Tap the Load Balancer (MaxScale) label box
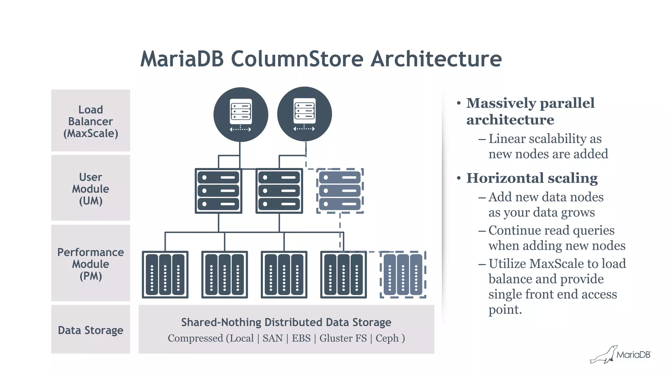pyautogui.click(x=91, y=121)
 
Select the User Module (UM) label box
pyautogui.click(x=91, y=188)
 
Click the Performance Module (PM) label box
pyautogui.click(x=91, y=263)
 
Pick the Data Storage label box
pyautogui.click(x=91, y=330)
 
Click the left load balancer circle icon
pyautogui.click(x=241, y=114)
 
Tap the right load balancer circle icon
pyautogui.click(x=305, y=114)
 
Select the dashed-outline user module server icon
pyautogui.click(x=340, y=191)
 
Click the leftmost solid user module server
pyautogui.click(x=218, y=191)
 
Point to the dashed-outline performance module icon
pyautogui.click(x=403, y=274)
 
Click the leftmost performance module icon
pyautogui.click(x=165, y=274)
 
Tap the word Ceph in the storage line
pyautogui.click(x=387, y=338)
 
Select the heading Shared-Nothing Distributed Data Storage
pyautogui.click(x=286, y=322)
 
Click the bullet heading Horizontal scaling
pyautogui.click(x=532, y=178)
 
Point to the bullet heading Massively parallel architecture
pyautogui.click(x=530, y=111)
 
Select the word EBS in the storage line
pyautogui.click(x=301, y=338)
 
